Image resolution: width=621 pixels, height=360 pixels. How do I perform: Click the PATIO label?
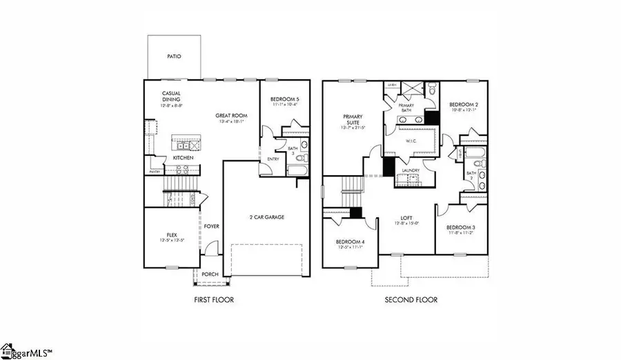click(x=175, y=57)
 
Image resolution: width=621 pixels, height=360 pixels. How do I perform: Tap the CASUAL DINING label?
click(x=171, y=97)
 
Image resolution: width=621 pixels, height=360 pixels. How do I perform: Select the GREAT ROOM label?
click(x=231, y=116)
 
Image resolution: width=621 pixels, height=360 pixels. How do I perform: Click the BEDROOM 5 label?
click(x=285, y=100)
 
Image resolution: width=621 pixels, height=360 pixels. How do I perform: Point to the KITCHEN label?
click(x=183, y=158)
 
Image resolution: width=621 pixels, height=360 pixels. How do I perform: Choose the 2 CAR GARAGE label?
click(x=266, y=217)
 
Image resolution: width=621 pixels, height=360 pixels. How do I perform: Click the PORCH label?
click(x=210, y=274)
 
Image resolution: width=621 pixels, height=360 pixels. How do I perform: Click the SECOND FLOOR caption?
click(x=411, y=300)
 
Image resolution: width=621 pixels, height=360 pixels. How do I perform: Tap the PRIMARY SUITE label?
click(x=353, y=119)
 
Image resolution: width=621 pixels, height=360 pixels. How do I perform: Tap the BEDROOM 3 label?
click(x=459, y=228)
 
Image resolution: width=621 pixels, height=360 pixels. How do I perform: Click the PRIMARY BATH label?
click(x=405, y=106)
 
